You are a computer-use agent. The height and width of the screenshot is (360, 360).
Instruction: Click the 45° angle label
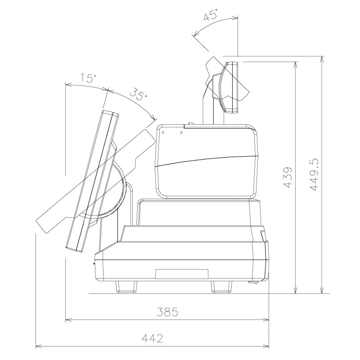tap(210, 16)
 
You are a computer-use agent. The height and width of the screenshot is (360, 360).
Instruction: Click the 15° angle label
tap(88, 78)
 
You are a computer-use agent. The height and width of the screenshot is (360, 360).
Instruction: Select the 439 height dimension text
tap(287, 177)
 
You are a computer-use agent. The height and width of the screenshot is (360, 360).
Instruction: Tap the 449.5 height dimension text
tap(314, 175)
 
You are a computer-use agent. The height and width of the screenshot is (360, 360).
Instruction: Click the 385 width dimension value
tap(167, 311)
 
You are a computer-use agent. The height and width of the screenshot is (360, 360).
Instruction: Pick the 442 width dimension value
tap(153, 338)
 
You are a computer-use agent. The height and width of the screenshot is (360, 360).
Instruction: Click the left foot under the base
tap(126, 287)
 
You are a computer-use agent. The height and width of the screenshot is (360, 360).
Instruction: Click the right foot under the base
tap(221, 287)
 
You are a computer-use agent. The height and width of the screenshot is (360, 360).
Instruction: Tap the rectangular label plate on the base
tap(182, 274)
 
